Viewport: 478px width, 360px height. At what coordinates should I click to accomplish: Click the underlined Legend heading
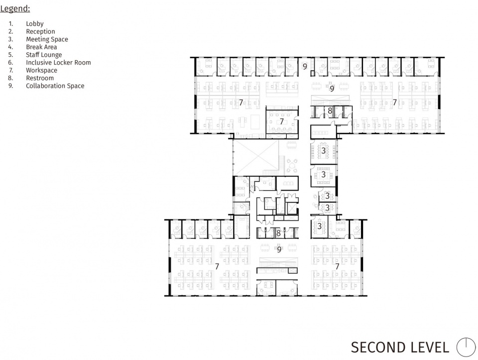[x=15, y=8]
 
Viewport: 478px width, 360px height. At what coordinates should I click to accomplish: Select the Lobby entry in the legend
[x=35, y=24]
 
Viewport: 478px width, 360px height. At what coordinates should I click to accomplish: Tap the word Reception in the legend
[x=40, y=31]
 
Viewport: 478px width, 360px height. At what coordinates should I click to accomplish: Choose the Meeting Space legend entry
[x=47, y=39]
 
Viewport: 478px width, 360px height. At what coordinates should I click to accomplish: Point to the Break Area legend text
[x=41, y=47]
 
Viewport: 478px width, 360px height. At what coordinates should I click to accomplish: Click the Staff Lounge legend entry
[x=44, y=55]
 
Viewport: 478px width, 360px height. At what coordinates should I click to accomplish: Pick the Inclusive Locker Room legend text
[x=59, y=62]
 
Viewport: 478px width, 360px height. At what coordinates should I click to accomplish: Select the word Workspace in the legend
[x=41, y=70]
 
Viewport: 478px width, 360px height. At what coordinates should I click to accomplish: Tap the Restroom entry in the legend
[x=40, y=78]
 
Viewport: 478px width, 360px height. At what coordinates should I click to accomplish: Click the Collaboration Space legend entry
[x=55, y=86]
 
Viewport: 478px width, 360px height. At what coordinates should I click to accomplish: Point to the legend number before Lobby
[x=11, y=24]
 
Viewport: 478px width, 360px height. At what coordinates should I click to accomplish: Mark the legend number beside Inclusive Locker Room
[x=11, y=62]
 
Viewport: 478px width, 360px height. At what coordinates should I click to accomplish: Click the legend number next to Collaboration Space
[x=11, y=86]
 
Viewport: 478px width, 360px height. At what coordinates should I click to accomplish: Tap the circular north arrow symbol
[x=466, y=347]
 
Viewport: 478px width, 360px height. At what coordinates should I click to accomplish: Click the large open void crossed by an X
[x=256, y=158]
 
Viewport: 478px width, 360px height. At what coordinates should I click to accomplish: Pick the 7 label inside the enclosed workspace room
[x=282, y=121]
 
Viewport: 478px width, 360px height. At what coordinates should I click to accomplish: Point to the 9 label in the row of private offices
[x=305, y=66]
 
